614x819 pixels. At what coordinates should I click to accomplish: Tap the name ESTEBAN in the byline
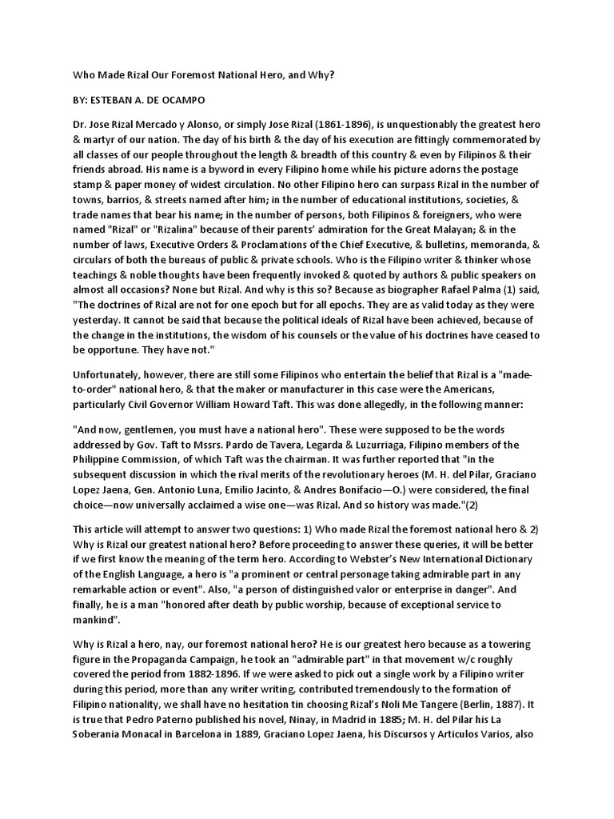118,104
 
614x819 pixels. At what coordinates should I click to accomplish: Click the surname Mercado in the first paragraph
165,125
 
